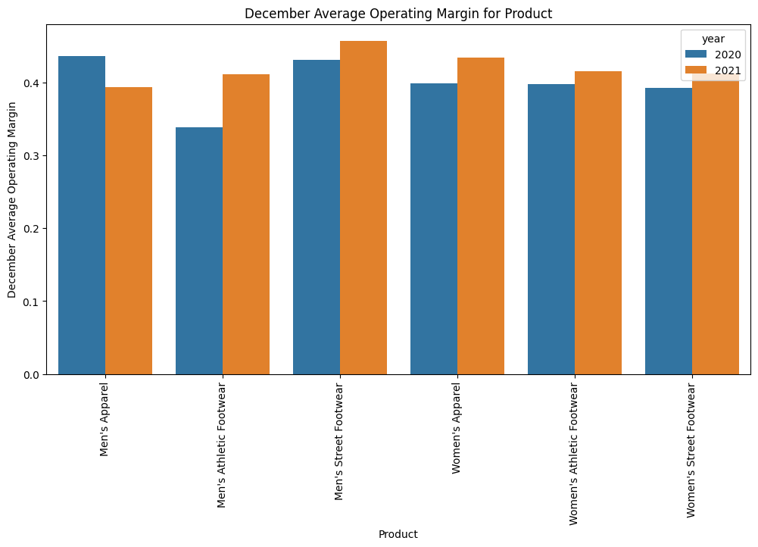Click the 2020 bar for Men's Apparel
pyautogui.click(x=82, y=215)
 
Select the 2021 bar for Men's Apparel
pyautogui.click(x=129, y=230)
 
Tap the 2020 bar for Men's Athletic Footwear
pyautogui.click(x=199, y=251)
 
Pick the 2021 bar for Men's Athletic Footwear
pyautogui.click(x=246, y=224)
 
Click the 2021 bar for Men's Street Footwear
pyautogui.click(x=363, y=208)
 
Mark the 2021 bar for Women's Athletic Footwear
pyautogui.click(x=598, y=223)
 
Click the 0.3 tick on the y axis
pyautogui.click(x=33, y=156)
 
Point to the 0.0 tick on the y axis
pyautogui.click(x=33, y=375)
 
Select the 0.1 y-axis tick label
pyautogui.click(x=33, y=302)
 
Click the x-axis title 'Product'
pyautogui.click(x=398, y=534)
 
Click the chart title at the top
pyautogui.click(x=398, y=13)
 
